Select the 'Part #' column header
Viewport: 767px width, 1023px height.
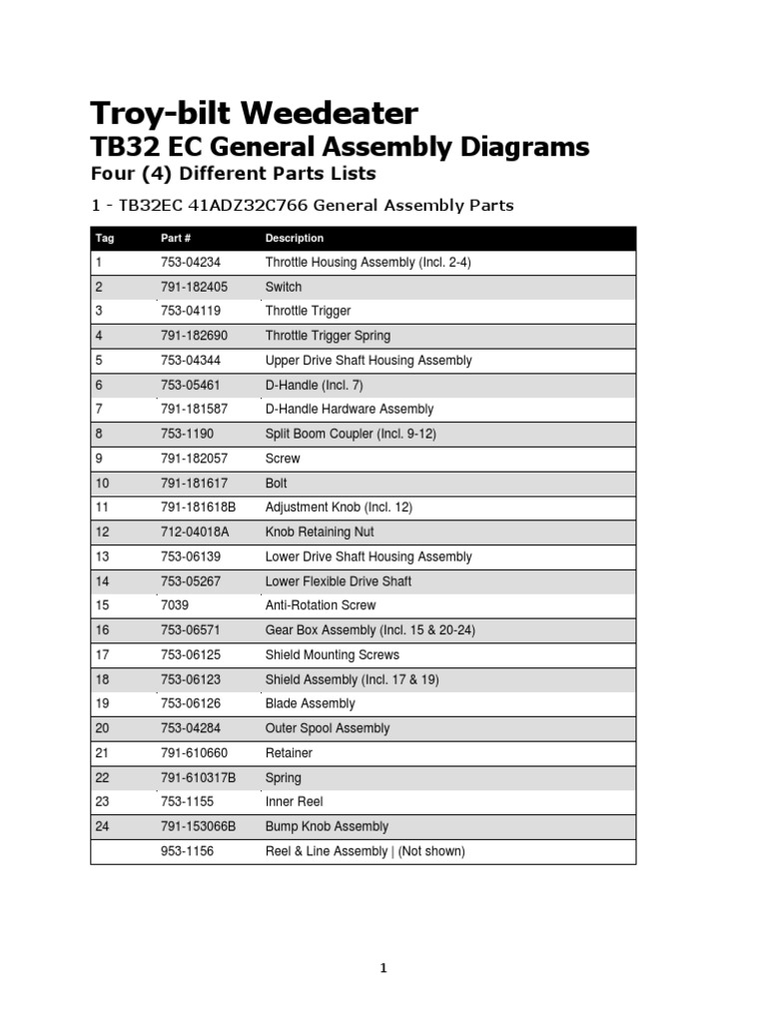pos(176,239)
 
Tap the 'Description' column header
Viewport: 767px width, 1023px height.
pos(294,239)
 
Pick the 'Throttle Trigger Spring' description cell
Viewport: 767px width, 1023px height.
pos(328,336)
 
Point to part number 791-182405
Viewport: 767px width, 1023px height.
pos(194,287)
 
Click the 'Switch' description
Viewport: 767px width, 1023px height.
pos(283,287)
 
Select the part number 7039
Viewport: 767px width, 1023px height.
pos(175,605)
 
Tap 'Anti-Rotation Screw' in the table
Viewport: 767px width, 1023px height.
pos(321,605)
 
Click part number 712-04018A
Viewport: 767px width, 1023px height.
pos(197,532)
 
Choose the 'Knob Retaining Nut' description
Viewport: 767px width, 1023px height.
pos(320,532)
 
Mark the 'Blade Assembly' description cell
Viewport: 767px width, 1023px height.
pos(310,703)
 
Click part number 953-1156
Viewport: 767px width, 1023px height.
pos(187,851)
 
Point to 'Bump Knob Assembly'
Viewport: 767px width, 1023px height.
pos(327,826)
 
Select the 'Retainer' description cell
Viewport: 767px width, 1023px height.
pos(289,752)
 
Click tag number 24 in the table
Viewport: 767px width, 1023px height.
pos(102,826)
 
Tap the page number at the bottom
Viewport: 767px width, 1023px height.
pos(383,968)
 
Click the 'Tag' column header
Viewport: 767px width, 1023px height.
pos(105,239)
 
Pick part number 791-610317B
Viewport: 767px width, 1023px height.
pos(198,777)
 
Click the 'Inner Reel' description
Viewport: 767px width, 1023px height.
pos(294,801)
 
